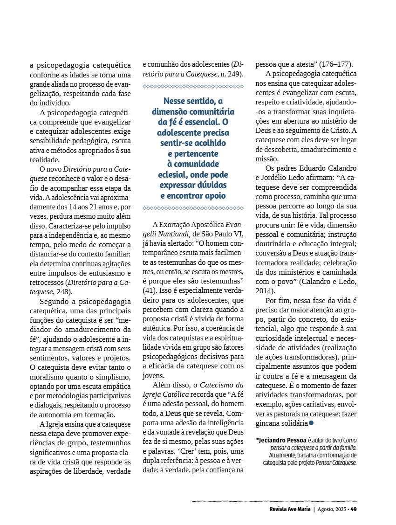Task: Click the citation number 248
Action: pos(63,291)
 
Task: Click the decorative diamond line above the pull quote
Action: pos(193,86)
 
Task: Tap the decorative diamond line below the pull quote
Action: pos(193,208)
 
